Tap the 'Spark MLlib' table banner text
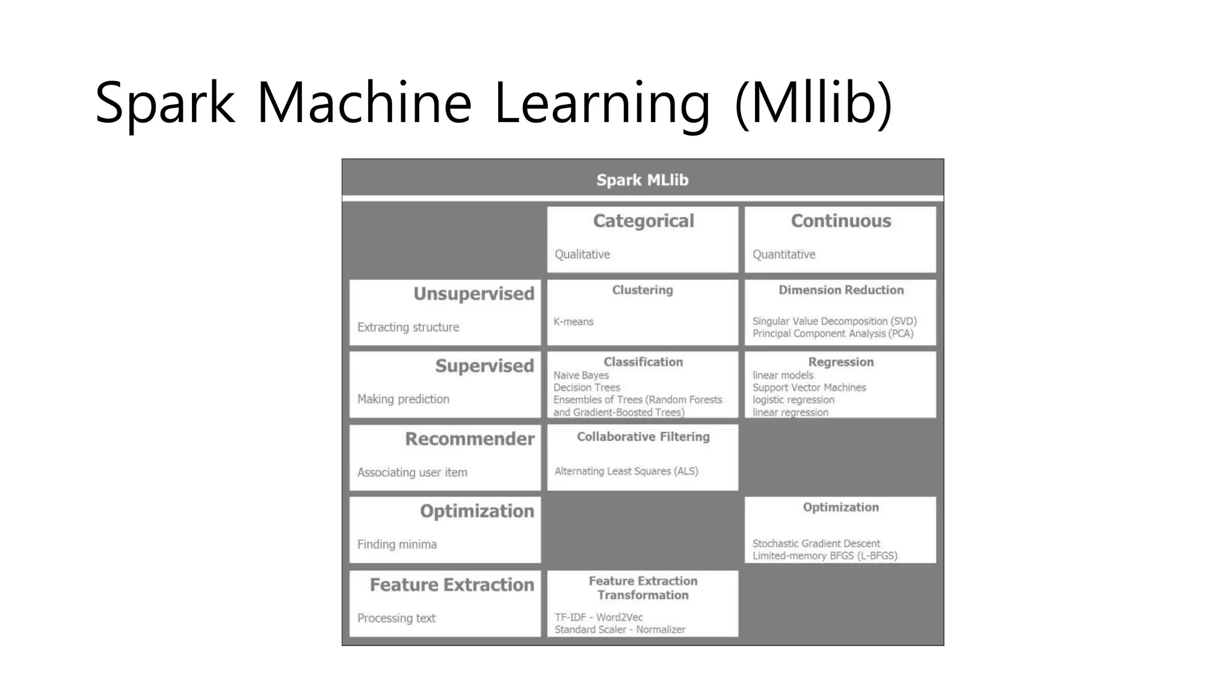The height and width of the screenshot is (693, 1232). [x=642, y=180]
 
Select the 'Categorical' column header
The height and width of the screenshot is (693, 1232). [x=643, y=221]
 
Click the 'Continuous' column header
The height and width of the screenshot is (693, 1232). [x=840, y=221]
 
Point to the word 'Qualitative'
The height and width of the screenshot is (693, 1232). [x=582, y=254]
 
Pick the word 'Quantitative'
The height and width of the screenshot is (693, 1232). [x=783, y=254]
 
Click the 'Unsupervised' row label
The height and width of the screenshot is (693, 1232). [x=473, y=294]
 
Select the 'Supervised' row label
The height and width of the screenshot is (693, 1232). [x=484, y=366]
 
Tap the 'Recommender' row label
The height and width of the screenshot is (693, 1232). [x=469, y=439]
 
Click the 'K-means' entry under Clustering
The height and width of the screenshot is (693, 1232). [x=573, y=322]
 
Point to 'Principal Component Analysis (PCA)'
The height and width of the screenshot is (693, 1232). [x=833, y=334]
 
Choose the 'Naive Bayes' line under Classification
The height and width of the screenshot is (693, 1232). [x=581, y=375]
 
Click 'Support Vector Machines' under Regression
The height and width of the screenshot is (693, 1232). [x=808, y=387]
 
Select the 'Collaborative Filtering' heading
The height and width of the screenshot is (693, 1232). [x=643, y=437]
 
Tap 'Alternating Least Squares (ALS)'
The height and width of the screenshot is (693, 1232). [x=626, y=471]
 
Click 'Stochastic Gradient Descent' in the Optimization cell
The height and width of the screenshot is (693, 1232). [x=816, y=543]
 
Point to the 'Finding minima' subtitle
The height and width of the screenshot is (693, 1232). [x=396, y=544]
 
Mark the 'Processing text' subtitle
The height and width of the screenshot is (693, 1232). [x=396, y=618]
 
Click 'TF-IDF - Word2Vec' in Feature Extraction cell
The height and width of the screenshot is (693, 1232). [x=598, y=617]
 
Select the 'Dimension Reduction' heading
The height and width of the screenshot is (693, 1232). [x=840, y=290]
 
